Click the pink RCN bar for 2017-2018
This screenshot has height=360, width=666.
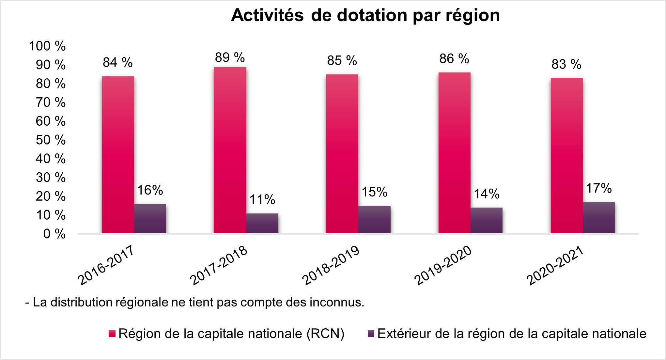coord(230,150)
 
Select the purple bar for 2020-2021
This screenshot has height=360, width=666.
coord(599,218)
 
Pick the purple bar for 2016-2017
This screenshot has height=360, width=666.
coord(150,219)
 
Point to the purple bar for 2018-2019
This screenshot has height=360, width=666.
coord(374,220)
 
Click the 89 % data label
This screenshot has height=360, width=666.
coord(230,58)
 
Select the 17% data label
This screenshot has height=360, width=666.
coord(599,189)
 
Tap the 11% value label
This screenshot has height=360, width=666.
coord(262,200)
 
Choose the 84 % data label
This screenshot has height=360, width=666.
coord(117,62)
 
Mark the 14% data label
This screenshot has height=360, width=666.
coord(487,194)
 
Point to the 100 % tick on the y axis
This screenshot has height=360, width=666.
coord(47,46)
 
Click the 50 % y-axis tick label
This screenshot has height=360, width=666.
coord(51,140)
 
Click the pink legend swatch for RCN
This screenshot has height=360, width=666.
coord(112,334)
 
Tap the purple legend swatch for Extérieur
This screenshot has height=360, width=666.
coord(371,334)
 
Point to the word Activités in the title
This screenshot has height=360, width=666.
coord(267,15)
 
